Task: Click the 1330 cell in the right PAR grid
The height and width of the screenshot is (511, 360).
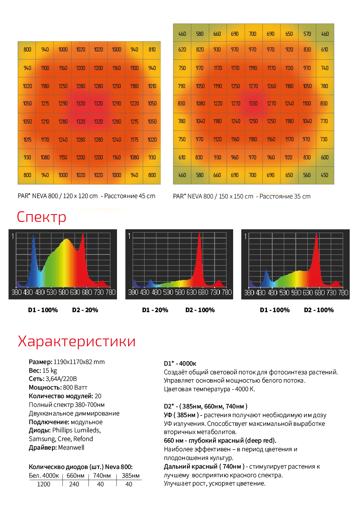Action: [253, 104]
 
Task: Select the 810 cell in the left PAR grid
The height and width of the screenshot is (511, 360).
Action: [152, 50]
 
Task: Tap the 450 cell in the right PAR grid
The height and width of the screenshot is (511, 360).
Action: [325, 175]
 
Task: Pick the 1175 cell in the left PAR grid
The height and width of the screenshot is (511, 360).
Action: [134, 140]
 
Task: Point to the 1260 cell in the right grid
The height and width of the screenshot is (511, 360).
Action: [271, 86]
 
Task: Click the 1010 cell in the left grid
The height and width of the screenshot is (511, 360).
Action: [152, 86]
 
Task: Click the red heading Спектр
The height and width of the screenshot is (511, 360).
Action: [42, 217]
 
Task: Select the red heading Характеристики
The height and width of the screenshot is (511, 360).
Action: [77, 341]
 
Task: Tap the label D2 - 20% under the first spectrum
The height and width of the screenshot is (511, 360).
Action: [85, 310]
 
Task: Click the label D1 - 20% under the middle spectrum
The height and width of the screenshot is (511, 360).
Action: [155, 310]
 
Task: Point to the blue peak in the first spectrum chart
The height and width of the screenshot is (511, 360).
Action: [33, 236]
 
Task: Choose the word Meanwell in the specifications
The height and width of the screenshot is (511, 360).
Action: [71, 448]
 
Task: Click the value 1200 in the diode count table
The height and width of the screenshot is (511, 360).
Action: [44, 484]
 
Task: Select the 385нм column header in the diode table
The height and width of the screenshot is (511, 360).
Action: [131, 476]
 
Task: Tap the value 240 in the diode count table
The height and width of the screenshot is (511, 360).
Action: [74, 484]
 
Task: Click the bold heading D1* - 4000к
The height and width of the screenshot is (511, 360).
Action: [180, 364]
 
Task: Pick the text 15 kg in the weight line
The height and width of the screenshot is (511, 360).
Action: [50, 371]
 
